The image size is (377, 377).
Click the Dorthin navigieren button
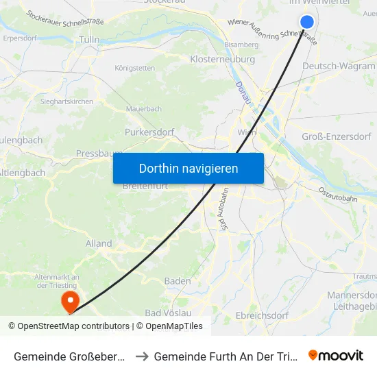tap(188, 168)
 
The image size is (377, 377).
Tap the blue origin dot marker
tap(307, 22)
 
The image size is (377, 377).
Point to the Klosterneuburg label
tap(222, 60)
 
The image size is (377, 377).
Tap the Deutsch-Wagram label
tap(339, 66)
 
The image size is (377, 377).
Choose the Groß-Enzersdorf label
tap(337, 136)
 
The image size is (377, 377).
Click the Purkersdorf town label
tap(149, 132)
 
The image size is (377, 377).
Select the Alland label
tap(99, 243)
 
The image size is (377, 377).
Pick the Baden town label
tap(178, 281)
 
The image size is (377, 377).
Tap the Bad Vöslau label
tap(169, 313)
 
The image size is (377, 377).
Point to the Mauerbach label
tap(143, 109)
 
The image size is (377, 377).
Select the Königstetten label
tap(134, 68)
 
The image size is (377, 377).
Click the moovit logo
tap(335, 356)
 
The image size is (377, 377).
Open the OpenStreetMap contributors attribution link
tap(73, 326)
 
